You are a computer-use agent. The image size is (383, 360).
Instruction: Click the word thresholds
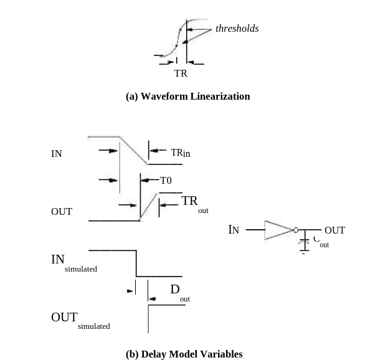(237, 29)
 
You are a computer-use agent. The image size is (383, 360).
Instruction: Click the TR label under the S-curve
(181, 73)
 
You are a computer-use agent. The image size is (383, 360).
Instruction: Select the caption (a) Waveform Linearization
(187, 97)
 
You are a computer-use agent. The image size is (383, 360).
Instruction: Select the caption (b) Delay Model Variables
(184, 354)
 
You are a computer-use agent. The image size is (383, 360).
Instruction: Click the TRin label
(180, 153)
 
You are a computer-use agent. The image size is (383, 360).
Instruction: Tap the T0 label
(166, 181)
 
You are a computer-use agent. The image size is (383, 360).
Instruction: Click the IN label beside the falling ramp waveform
(57, 154)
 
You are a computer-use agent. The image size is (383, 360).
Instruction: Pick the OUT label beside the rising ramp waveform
(62, 212)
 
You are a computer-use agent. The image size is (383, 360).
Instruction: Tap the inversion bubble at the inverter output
(296, 230)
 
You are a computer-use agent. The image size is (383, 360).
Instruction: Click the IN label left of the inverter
(234, 230)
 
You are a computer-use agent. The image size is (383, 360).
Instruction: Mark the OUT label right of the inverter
(334, 230)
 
